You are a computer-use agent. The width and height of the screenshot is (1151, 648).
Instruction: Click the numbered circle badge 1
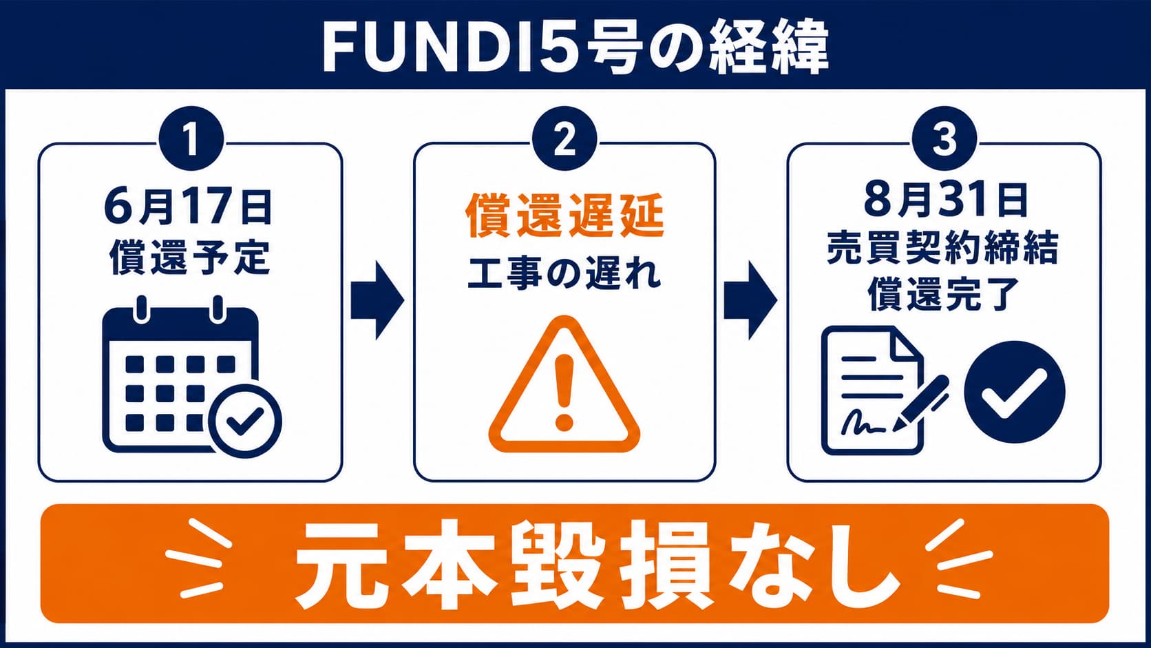[191, 138]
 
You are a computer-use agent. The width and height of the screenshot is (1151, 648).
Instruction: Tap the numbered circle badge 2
[564, 138]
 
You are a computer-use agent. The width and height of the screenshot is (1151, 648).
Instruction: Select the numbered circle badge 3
[944, 138]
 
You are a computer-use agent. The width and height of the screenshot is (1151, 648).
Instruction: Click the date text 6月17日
[188, 207]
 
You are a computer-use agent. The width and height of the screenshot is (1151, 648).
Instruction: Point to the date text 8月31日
[945, 200]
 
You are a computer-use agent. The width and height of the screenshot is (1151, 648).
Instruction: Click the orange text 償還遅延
[564, 216]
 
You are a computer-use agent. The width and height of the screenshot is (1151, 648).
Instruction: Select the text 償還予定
[190, 256]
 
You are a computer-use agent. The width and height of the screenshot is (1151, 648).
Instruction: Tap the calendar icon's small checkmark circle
[245, 421]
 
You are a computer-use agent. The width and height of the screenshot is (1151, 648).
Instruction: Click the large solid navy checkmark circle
[1015, 392]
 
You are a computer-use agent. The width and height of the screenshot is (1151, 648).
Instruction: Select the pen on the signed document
[920, 404]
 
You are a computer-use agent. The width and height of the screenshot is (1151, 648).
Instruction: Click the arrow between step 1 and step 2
[378, 301]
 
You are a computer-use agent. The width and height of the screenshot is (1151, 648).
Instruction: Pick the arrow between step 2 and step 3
[751, 301]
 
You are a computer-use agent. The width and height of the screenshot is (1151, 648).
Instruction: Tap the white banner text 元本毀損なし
[597, 564]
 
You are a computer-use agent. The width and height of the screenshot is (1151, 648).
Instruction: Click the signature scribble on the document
[863, 422]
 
